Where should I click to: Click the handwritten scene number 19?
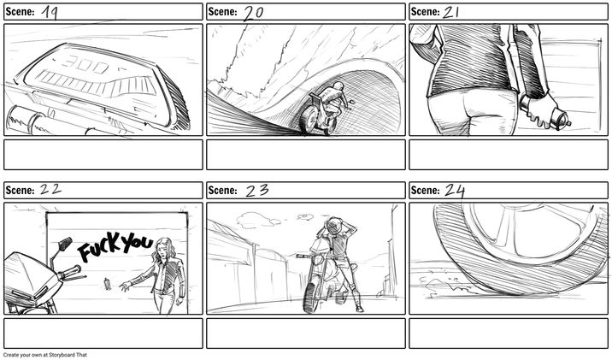coord(50,12)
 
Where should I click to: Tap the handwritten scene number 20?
coord(253,14)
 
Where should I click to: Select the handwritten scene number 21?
coord(450,12)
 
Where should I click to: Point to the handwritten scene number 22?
coord(50,190)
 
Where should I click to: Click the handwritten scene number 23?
coord(257,191)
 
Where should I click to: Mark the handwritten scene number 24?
coord(455,191)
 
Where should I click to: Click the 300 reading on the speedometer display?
coord(85,64)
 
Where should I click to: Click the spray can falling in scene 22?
coord(107,284)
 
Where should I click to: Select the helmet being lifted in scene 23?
coord(333,225)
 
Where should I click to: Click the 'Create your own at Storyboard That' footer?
coord(45,355)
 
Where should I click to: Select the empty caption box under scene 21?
coord(509,155)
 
